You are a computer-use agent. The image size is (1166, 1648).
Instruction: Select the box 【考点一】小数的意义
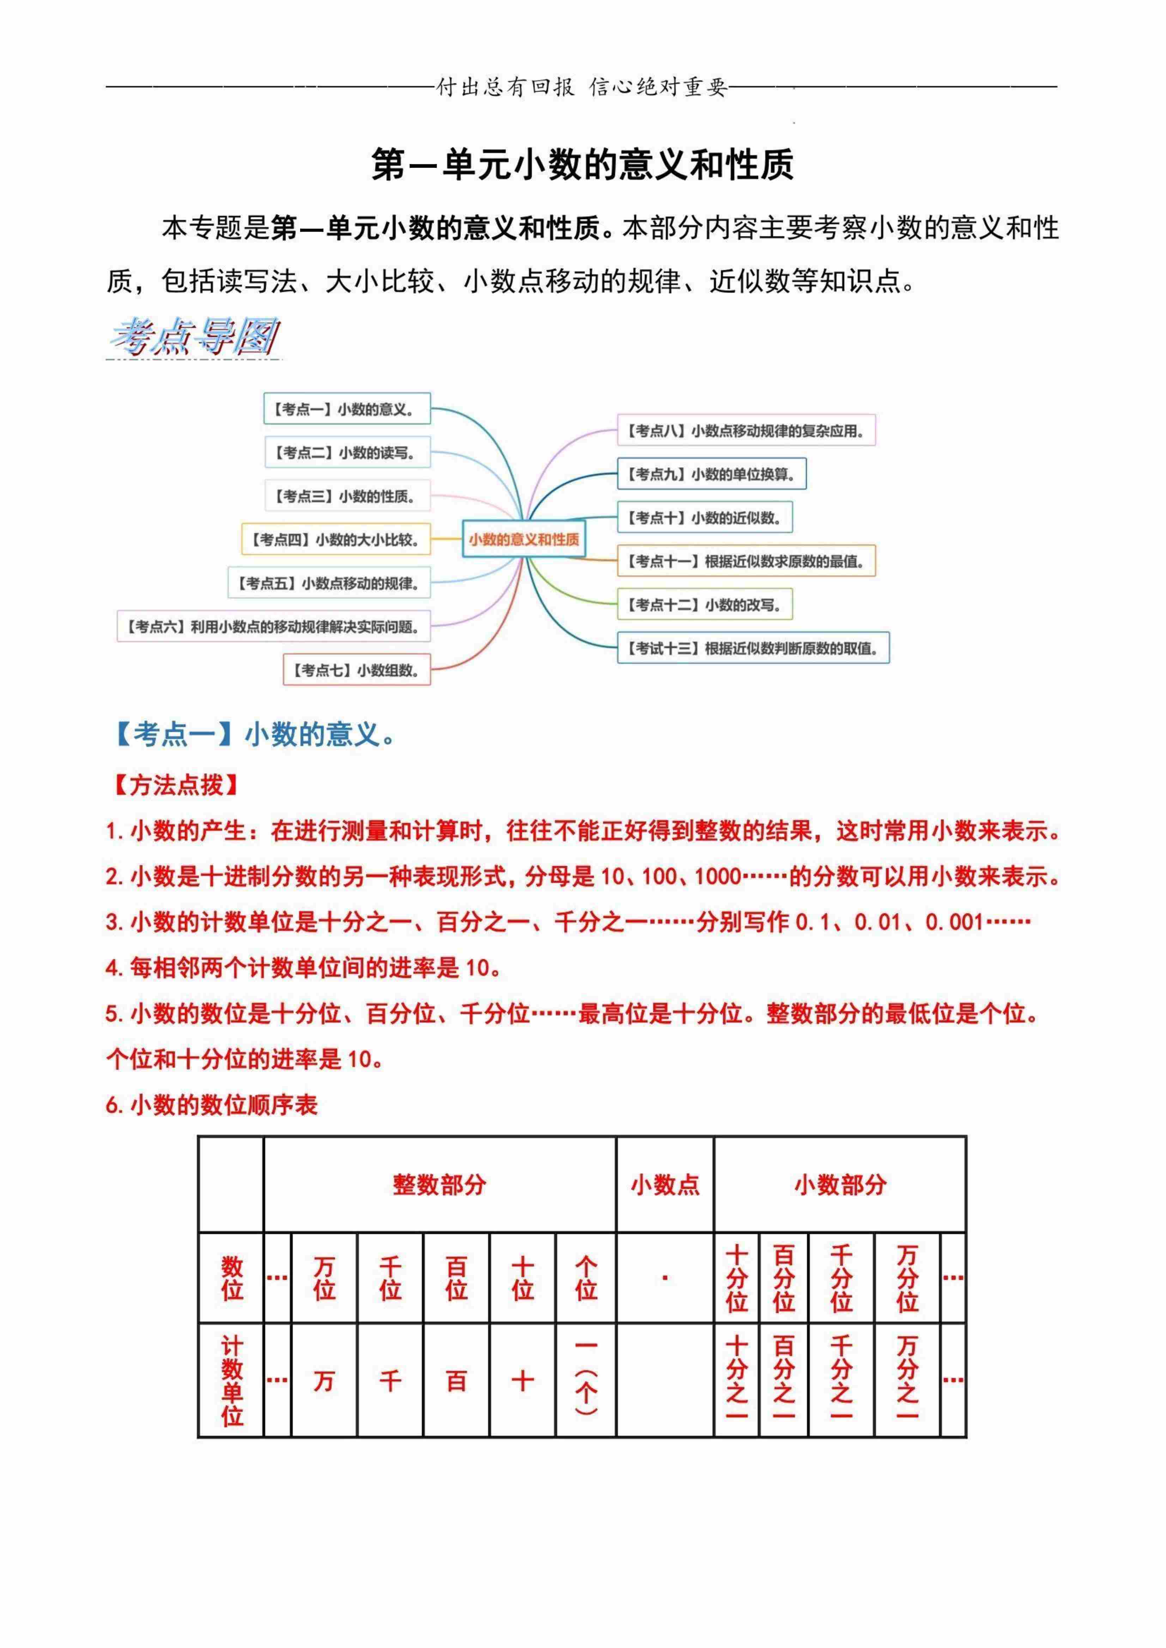(x=347, y=409)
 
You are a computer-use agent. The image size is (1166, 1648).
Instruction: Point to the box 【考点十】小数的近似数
(x=704, y=518)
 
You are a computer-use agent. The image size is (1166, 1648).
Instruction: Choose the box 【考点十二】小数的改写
(x=704, y=604)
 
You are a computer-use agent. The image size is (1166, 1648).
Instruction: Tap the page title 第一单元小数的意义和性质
(x=582, y=164)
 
